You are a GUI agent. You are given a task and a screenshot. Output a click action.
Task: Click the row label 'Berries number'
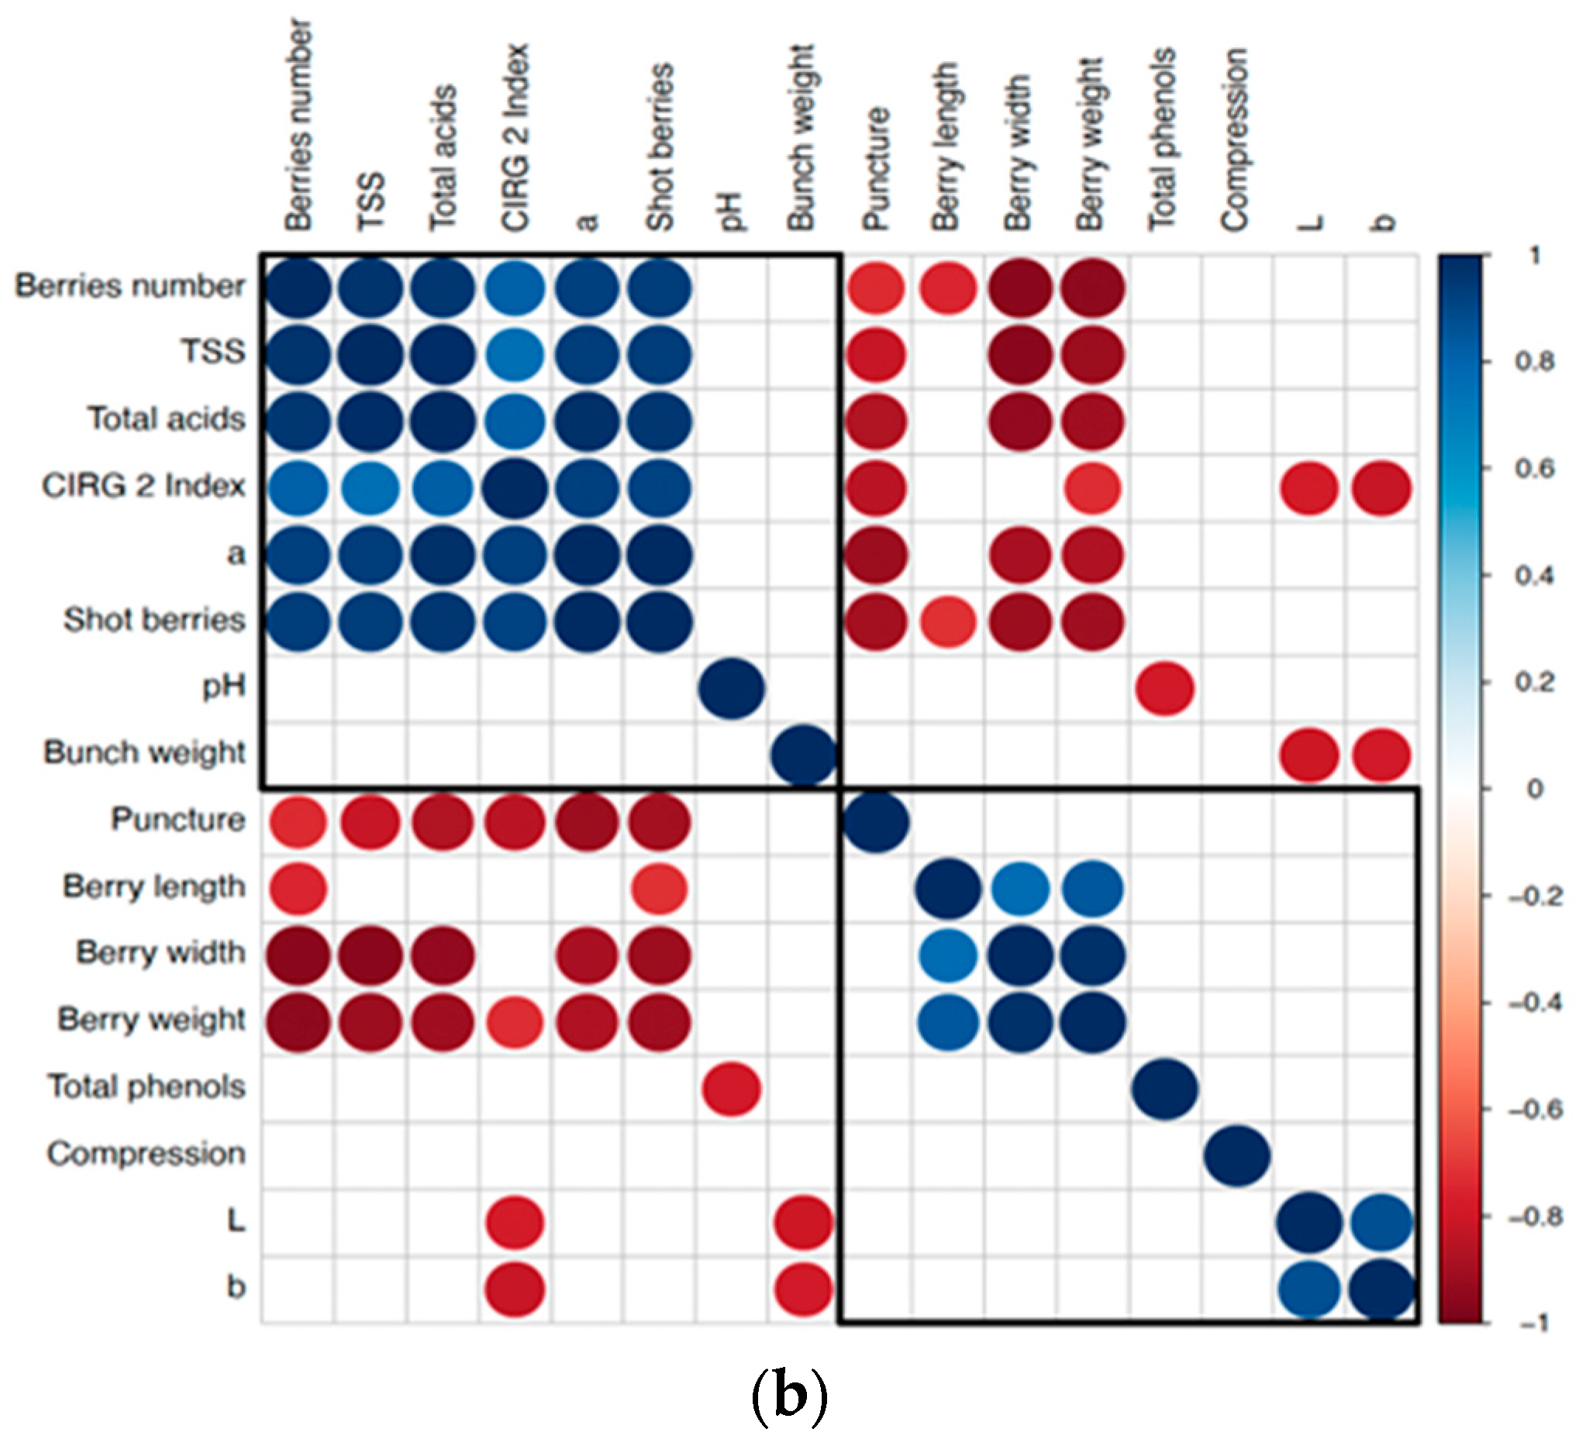[129, 286]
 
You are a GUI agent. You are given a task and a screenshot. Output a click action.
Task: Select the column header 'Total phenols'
[1163, 140]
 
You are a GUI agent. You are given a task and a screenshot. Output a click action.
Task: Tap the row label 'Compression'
[147, 1155]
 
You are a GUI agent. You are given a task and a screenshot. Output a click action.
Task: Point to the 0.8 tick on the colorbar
[1535, 362]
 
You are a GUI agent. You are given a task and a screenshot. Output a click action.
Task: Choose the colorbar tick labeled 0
[1535, 789]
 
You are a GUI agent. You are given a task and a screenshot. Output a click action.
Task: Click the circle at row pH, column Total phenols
[1165, 689]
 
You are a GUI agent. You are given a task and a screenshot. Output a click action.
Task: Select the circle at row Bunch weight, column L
[1309, 755]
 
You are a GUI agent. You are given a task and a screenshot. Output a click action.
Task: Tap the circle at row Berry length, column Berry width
[1020, 890]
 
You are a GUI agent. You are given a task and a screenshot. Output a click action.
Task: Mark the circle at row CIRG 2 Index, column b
[1381, 488]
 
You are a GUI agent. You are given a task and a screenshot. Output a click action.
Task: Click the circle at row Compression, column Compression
[1236, 1156]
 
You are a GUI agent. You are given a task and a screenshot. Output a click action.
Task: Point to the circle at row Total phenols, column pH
[732, 1089]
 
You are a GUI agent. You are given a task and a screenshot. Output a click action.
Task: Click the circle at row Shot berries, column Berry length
[948, 622]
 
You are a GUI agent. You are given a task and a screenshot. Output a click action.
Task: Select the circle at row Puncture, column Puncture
[877, 822]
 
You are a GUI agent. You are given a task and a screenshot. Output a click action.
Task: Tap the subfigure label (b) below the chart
[790, 1396]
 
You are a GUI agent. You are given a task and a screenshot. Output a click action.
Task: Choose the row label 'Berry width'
[161, 953]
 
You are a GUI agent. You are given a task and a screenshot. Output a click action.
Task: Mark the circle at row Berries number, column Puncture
[877, 287]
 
